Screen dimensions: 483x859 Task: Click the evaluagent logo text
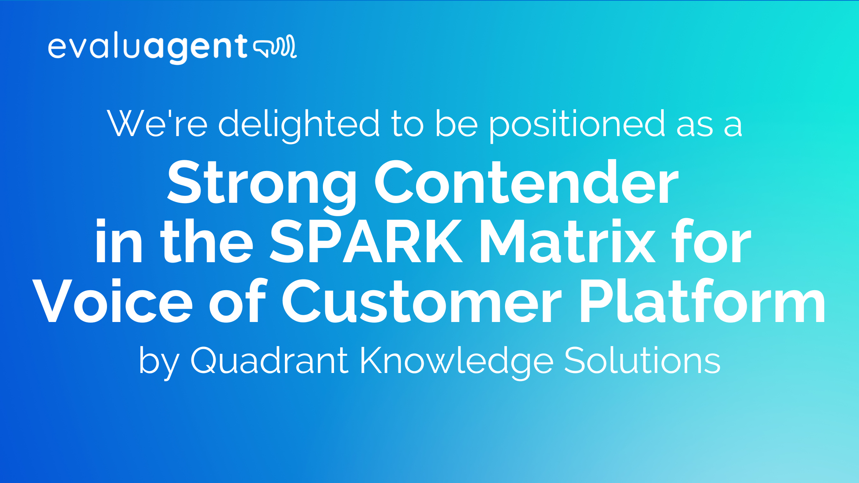(x=148, y=48)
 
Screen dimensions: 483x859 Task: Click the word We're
(x=157, y=123)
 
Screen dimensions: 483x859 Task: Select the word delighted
(x=299, y=123)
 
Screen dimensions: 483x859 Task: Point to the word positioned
(x=577, y=123)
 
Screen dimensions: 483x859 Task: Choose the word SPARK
(x=366, y=242)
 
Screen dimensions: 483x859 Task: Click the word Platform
(x=702, y=302)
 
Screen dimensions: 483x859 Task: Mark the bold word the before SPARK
(x=207, y=242)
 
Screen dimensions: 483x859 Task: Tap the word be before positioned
(x=456, y=123)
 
